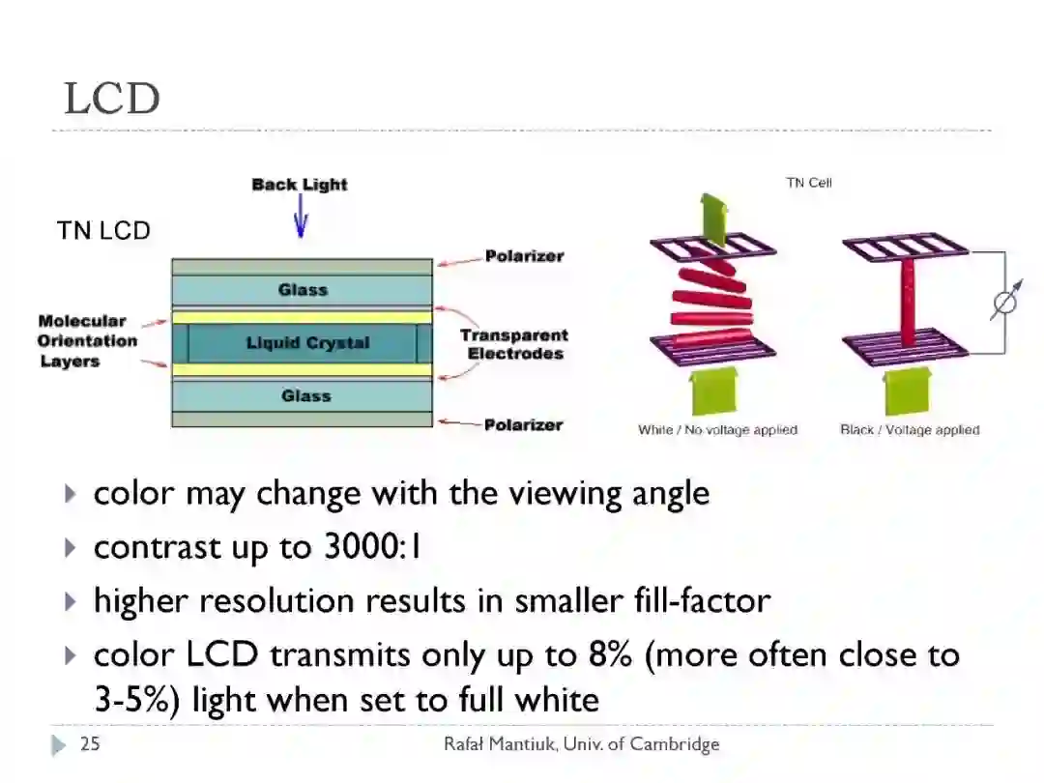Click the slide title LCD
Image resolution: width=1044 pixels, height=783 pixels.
(111, 99)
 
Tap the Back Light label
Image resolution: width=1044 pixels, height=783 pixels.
(299, 185)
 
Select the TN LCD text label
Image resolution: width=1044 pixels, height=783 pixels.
(103, 231)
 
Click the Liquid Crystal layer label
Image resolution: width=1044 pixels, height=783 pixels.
(307, 343)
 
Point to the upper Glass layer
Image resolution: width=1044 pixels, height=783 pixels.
(303, 289)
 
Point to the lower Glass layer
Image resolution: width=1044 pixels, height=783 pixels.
(305, 395)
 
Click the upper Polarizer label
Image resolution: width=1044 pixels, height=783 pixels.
(524, 256)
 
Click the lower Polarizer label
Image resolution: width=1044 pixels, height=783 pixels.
(523, 424)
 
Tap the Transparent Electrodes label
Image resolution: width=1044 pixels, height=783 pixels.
(514, 344)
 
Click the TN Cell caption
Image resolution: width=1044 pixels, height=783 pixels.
(808, 183)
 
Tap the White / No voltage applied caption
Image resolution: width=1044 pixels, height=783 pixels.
(717, 430)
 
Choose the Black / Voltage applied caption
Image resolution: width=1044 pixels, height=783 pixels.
(910, 430)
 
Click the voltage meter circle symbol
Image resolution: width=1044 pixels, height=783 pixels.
(1005, 304)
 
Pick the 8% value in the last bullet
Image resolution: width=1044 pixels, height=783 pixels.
(610, 654)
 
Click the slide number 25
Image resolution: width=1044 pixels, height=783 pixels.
(90, 743)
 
